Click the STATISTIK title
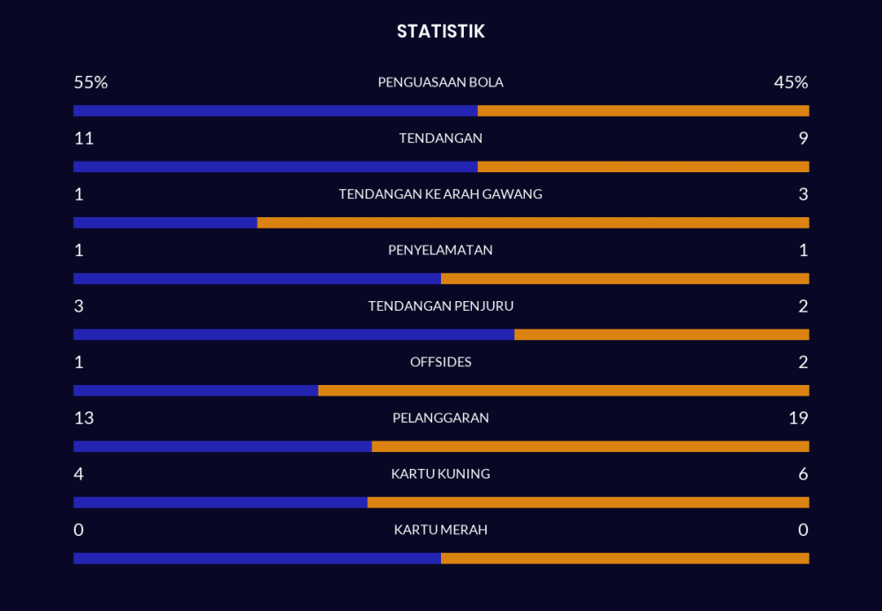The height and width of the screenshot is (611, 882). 440,32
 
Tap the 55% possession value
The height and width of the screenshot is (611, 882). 90,83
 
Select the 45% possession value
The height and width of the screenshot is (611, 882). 790,83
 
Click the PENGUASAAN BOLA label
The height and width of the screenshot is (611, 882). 440,83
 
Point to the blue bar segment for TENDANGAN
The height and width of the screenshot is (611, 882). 275,167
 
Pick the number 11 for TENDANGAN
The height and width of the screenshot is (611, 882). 84,139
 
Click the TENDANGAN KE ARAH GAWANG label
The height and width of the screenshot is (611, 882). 440,194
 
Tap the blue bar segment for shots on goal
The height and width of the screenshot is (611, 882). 165,223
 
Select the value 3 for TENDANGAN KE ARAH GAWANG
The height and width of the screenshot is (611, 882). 803,194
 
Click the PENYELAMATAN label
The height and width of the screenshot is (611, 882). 440,251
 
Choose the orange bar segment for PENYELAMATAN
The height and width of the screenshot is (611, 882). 624,279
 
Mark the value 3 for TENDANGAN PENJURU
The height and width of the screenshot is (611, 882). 78,306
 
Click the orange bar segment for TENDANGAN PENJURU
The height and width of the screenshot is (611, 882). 661,335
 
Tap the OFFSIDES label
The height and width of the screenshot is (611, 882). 440,362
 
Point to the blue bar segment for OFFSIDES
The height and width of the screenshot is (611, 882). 196,390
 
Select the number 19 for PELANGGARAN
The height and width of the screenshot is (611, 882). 797,419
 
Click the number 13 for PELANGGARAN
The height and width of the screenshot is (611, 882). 84,419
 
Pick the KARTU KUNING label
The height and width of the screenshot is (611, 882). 440,474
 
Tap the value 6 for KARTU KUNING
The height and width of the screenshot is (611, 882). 803,474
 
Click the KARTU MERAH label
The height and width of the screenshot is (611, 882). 440,530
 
